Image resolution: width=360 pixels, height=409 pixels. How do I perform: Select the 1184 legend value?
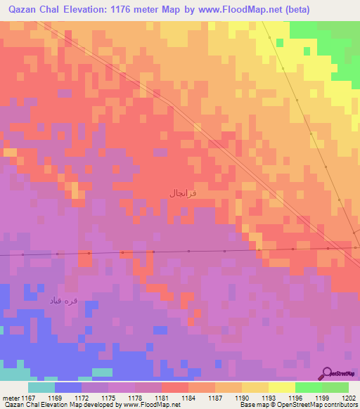tap(188, 397)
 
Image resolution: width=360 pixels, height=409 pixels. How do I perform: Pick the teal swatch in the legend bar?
tap(41, 387)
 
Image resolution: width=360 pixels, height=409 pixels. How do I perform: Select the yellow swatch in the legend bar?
tap(281, 387)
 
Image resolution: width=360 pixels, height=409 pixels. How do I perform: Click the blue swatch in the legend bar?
tap(67, 387)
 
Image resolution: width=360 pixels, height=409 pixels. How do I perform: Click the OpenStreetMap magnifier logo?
tap(327, 373)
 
